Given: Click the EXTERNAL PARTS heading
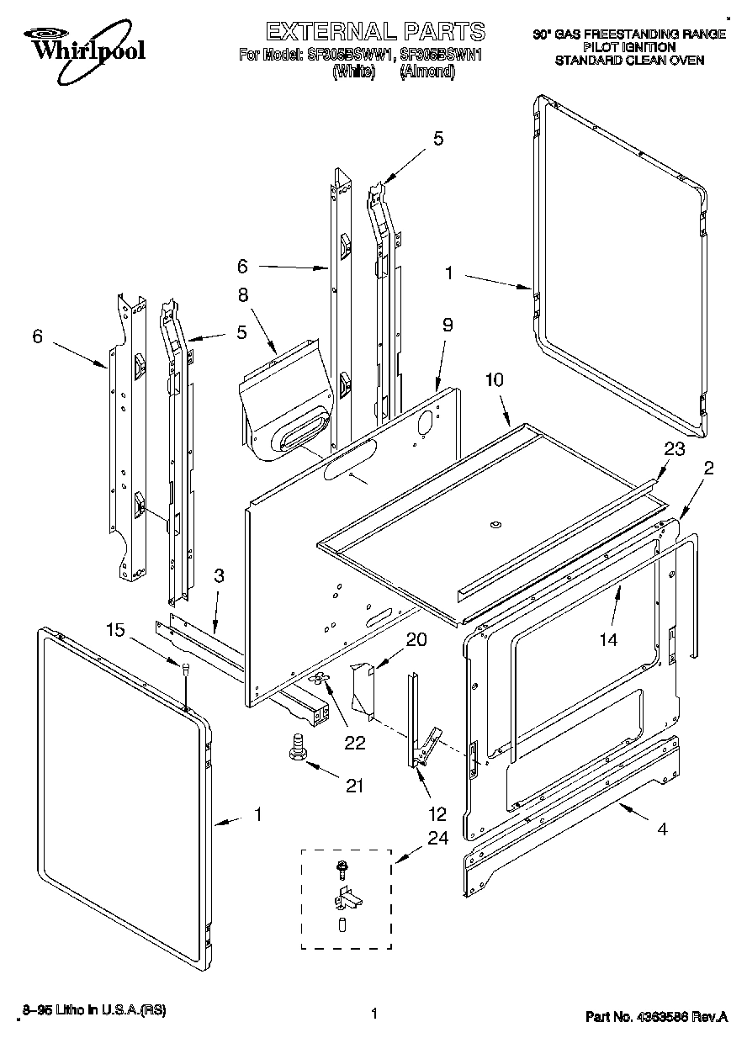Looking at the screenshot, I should pos(375,32).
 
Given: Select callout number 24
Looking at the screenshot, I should pos(437,837).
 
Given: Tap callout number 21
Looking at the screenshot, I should pos(354,786).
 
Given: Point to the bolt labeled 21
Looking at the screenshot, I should pos(296,746).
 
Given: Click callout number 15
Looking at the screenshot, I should pos(117,629).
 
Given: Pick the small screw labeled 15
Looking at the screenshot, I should pos(184,668).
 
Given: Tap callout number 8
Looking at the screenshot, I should pos(242,294).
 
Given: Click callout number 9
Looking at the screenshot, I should pos(448,323).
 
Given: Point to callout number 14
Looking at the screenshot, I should pos(607,639).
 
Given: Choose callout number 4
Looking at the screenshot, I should pos(662,829).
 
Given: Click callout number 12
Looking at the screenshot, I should pos(437,814).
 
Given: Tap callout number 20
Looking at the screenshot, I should pos(416,639).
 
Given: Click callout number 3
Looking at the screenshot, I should pos(219,576).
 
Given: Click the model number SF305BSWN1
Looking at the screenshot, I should pos(442,56).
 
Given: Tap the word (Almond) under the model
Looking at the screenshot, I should pos(427,71).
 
